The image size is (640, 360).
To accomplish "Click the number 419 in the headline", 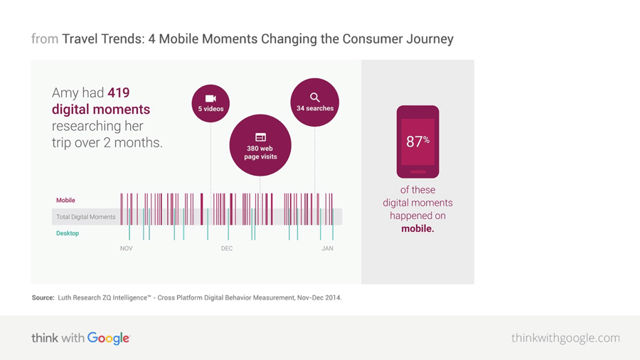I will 119,92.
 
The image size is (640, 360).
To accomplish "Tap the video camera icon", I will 210,98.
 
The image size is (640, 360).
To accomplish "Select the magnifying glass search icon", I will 314,97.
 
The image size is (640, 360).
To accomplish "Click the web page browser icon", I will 260,137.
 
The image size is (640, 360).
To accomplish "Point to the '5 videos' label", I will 210,109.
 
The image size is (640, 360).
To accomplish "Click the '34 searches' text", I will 314,108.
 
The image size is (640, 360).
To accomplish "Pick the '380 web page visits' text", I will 260,152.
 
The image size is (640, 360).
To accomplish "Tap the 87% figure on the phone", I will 417,141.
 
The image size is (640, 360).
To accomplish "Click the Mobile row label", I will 65,201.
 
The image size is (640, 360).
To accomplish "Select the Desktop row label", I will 68,233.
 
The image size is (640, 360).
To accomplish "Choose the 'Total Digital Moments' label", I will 85,217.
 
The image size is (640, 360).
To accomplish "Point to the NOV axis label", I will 126,248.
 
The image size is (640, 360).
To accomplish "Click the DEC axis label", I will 226,248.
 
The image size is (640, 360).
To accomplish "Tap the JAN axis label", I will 327,248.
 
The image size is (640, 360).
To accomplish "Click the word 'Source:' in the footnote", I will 43,297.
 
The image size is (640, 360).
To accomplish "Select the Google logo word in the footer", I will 109,339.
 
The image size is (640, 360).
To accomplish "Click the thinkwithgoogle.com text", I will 565,338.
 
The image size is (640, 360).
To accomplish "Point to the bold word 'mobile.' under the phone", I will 417,228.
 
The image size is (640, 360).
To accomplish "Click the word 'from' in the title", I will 44,38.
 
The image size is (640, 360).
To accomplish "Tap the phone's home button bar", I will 417,171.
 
